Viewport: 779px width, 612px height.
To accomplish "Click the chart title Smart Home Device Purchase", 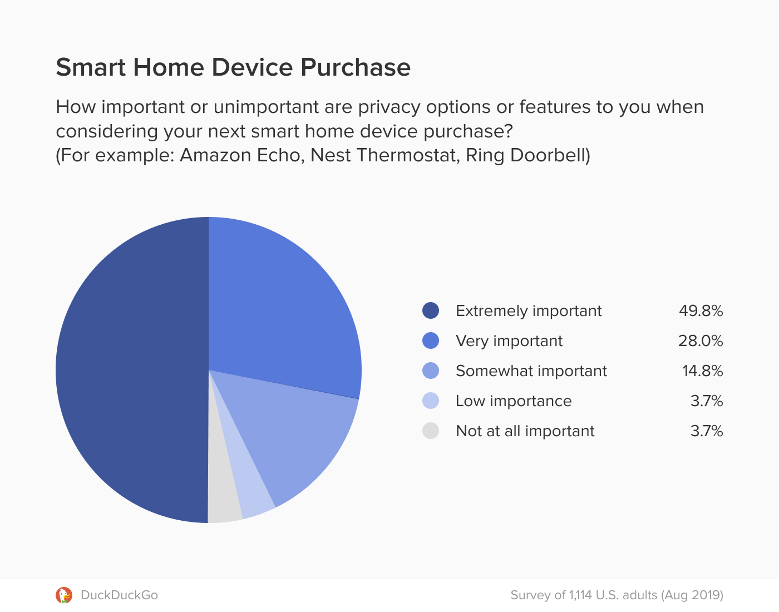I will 233,67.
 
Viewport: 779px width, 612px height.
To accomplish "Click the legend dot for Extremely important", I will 431,310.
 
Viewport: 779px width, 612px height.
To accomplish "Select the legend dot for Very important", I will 431,340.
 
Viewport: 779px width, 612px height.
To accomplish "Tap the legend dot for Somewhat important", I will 431,371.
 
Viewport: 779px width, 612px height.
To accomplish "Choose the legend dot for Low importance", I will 431,401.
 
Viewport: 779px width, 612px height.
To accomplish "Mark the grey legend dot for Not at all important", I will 431,431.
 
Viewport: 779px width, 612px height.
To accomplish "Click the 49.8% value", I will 701,310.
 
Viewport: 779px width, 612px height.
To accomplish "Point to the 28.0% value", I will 701,340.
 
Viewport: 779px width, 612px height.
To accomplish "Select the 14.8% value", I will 702,371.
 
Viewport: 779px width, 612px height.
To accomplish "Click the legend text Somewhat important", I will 531,371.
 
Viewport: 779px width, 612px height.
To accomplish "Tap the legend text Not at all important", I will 525,431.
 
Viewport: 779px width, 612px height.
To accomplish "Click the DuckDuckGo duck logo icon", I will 64,595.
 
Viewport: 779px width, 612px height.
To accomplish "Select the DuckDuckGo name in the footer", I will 119,595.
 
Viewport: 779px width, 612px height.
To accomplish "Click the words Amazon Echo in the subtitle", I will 240,155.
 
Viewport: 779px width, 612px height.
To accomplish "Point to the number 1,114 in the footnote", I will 580,595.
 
